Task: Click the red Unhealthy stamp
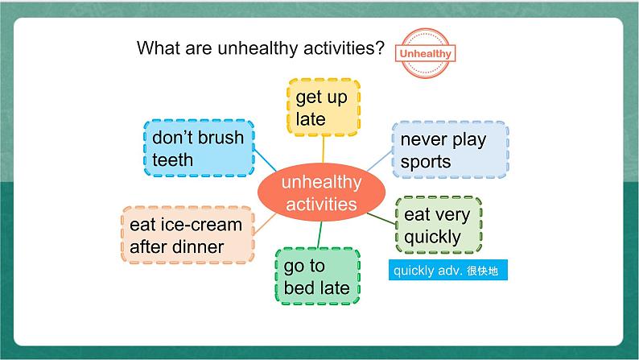pyautogui.click(x=425, y=53)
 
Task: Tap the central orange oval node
pyautogui.click(x=321, y=192)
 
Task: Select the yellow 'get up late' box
pyautogui.click(x=324, y=108)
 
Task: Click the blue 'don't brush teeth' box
pyautogui.click(x=199, y=148)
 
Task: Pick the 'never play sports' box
pyautogui.click(x=451, y=150)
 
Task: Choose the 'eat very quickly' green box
pyautogui.click(x=439, y=225)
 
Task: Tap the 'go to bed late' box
pyautogui.click(x=317, y=276)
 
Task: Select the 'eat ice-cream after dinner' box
pyautogui.click(x=188, y=235)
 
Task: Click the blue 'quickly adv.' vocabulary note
pyautogui.click(x=448, y=270)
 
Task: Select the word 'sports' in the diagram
pyautogui.click(x=426, y=162)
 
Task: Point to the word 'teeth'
pyautogui.click(x=173, y=159)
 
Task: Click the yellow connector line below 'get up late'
pyautogui.click(x=324, y=150)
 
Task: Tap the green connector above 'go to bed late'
pyautogui.click(x=319, y=235)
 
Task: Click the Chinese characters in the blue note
pyautogui.click(x=483, y=271)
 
